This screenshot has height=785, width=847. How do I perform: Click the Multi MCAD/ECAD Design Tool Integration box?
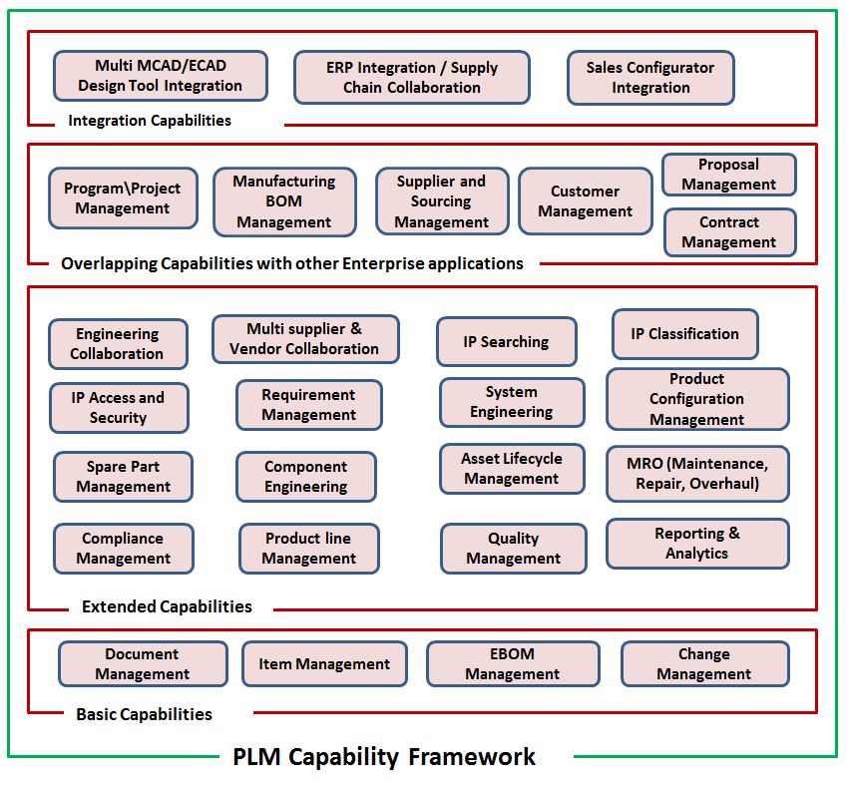pos(161,77)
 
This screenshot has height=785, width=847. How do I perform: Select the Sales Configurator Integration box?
pos(650,78)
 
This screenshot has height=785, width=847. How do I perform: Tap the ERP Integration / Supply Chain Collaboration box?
pos(412,78)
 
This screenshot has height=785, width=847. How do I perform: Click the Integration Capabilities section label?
pos(150,121)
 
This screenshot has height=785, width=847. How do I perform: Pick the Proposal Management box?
pos(729,175)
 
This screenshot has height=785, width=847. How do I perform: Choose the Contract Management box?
pos(729,232)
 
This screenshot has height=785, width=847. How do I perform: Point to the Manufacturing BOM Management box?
pos(284,201)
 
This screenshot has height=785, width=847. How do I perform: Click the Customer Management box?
pos(586,201)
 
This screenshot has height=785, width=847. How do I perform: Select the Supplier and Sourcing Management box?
pos(441,201)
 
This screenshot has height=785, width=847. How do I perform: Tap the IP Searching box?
pos(506,342)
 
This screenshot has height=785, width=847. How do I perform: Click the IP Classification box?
pos(684,334)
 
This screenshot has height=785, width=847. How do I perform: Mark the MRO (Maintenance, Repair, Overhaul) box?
pos(697,474)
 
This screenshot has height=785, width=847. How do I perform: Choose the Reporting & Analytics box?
pos(697,544)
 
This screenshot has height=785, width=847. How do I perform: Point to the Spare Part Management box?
pos(124,477)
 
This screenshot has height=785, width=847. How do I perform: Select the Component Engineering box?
pos(306,477)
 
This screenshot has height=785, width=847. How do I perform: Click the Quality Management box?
pos(514,549)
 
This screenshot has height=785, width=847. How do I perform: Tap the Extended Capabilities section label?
pos(167,606)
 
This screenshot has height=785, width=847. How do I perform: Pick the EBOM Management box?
pos(513,664)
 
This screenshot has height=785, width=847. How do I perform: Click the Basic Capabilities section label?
pos(145,714)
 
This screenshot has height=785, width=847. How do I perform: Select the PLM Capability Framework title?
pos(384,757)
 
